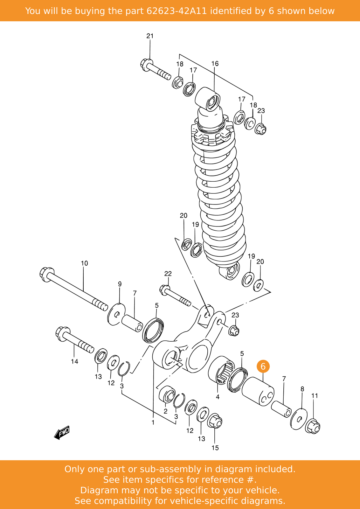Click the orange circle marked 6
pyautogui.click(x=263, y=366)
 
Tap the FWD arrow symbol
pyautogui.click(x=62, y=433)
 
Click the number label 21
pyautogui.click(x=150, y=36)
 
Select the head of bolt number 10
pyautogui.click(x=47, y=274)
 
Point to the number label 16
pyautogui.click(x=215, y=64)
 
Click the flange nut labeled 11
pyautogui.click(x=313, y=427)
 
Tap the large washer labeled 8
pyautogui.click(x=299, y=419)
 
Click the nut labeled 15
pyautogui.click(x=215, y=422)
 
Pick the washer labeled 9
pyautogui.click(x=116, y=314)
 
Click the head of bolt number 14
pyautogui.click(x=63, y=334)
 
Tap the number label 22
pyautogui.click(x=168, y=274)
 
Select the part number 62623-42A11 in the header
pyautogui.click(x=177, y=11)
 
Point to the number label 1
pyautogui.click(x=153, y=422)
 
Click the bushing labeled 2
pyautogui.click(x=167, y=395)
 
